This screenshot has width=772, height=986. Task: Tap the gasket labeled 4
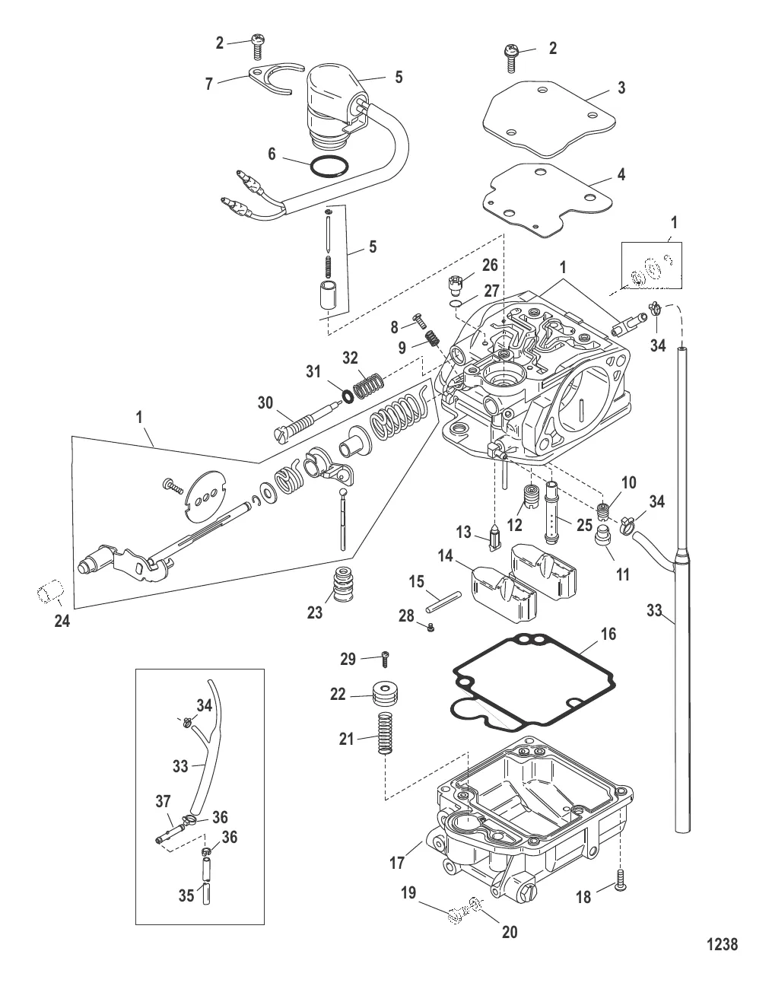click(540, 199)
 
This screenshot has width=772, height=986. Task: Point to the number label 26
click(491, 266)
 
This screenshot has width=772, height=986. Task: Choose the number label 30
click(265, 403)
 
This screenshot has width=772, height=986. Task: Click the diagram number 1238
click(723, 944)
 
